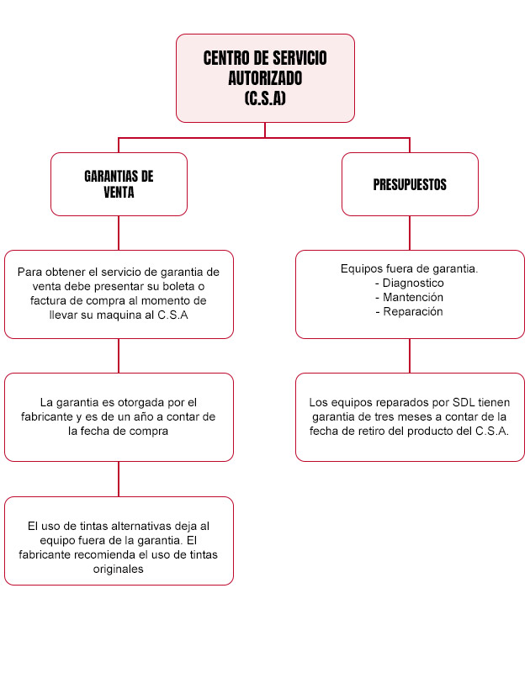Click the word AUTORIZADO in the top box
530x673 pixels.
(265, 78)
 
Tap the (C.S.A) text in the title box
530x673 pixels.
(265, 98)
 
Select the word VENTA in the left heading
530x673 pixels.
(119, 193)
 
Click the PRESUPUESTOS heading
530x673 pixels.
(410, 184)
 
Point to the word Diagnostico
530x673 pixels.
(413, 283)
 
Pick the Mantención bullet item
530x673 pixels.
(413, 297)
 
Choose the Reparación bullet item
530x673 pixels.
(413, 311)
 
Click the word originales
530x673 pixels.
(119, 570)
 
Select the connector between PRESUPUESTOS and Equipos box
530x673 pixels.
(410, 233)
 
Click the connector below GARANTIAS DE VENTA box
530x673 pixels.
(119, 233)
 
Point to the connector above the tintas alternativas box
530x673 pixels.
(119, 479)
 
